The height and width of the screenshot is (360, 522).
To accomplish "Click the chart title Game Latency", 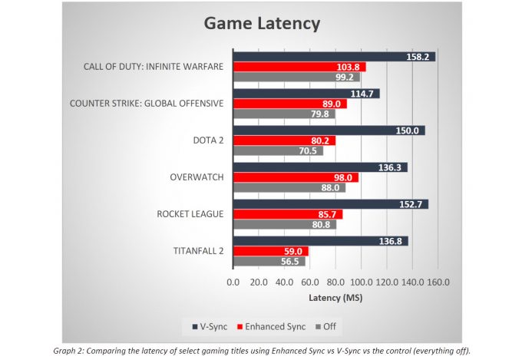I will click(x=261, y=24).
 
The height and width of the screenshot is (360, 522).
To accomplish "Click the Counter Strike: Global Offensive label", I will click(x=147, y=104).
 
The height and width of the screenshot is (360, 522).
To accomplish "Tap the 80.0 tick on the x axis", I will click(x=335, y=282).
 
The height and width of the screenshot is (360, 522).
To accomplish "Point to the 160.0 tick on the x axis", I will click(x=438, y=282).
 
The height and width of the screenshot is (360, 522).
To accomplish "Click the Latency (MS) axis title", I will click(x=335, y=297).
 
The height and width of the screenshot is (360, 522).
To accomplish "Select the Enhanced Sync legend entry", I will click(x=257, y=325).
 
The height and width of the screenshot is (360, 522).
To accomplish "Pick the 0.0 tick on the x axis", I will click(x=233, y=282).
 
